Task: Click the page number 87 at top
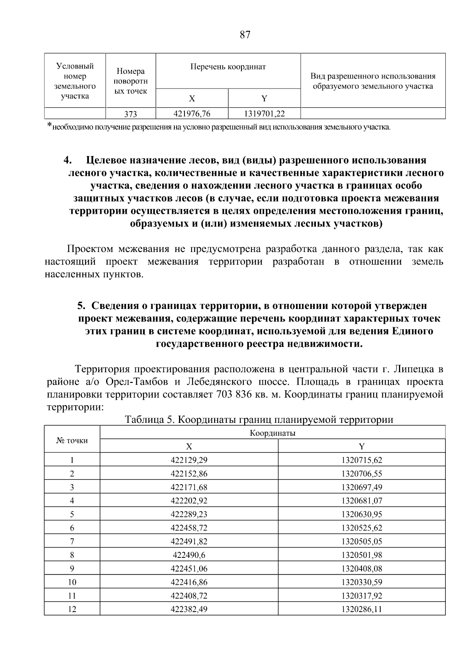click(x=245, y=35)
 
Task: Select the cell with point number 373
click(x=131, y=114)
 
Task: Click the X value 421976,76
click(x=191, y=114)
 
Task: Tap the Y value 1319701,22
click(x=264, y=114)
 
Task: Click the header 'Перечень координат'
click(x=228, y=67)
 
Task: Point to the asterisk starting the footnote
click(x=49, y=125)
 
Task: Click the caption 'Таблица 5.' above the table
click(x=148, y=420)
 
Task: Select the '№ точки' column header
click(x=72, y=440)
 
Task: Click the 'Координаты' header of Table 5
click(x=272, y=433)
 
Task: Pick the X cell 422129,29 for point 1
click(x=189, y=460)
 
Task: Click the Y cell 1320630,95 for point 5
click(x=362, y=515)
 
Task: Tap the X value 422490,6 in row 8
click(x=189, y=555)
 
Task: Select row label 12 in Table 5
click(x=72, y=609)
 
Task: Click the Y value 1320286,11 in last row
click(x=362, y=609)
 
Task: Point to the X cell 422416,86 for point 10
click(x=189, y=582)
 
